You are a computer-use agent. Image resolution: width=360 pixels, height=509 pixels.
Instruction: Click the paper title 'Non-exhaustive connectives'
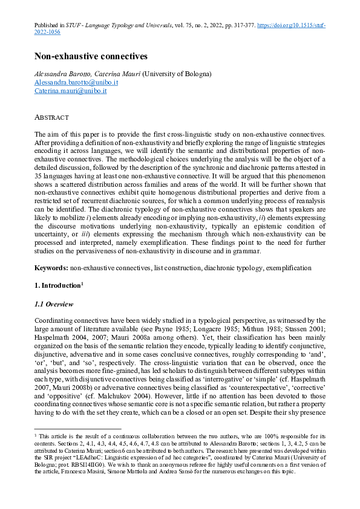(91, 57)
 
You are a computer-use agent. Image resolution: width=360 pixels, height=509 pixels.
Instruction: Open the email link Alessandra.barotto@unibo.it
(76, 82)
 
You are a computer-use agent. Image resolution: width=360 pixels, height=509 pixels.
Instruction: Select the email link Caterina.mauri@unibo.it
(70, 91)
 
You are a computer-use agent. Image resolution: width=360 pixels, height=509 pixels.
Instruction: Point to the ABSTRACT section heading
(51, 117)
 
